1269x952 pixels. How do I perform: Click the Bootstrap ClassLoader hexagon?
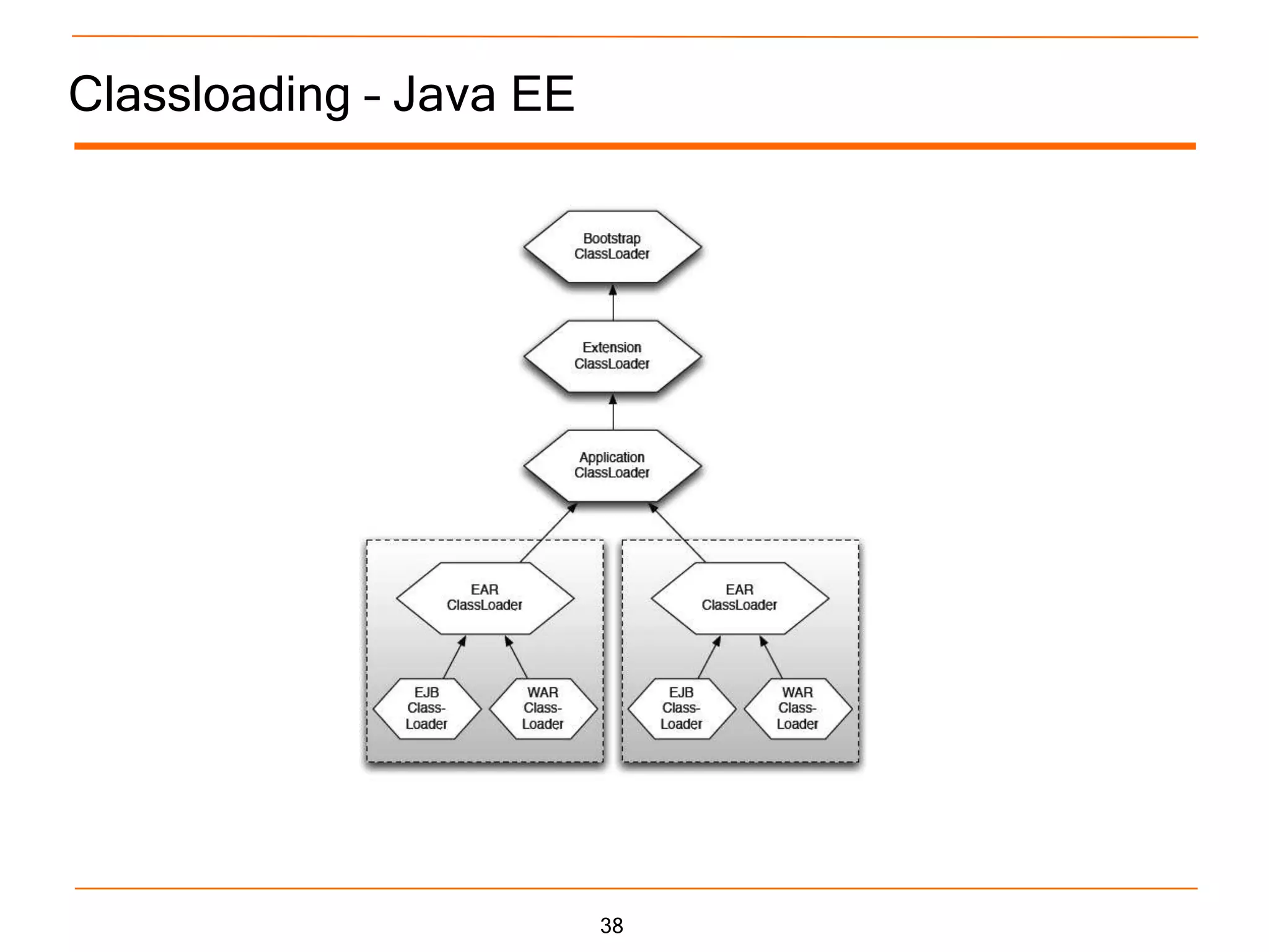pyautogui.click(x=612, y=247)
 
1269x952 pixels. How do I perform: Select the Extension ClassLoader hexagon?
pyautogui.click(x=612, y=356)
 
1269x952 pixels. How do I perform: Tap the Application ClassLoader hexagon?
pyautogui.click(x=612, y=465)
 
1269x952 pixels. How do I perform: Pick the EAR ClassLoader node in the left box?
pyautogui.click(x=485, y=597)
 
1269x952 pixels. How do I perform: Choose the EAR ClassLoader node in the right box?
pyautogui.click(x=739, y=597)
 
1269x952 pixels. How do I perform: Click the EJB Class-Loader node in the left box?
pyautogui.click(x=426, y=708)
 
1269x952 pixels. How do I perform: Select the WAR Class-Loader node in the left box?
pyautogui.click(x=543, y=708)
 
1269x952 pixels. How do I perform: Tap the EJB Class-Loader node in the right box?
pyautogui.click(x=681, y=708)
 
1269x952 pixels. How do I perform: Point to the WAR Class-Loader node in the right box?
pyautogui.click(x=797, y=708)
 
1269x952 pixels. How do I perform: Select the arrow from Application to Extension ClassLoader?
pyautogui.click(x=613, y=412)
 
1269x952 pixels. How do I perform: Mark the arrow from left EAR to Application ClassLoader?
pyautogui.click(x=548, y=533)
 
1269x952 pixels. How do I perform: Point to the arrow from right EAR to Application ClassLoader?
pyautogui.click(x=677, y=533)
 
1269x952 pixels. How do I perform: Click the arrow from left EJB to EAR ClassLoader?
pyautogui.click(x=454, y=657)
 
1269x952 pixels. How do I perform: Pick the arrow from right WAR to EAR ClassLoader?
pyautogui.click(x=771, y=657)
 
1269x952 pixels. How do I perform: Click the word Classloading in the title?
pyautogui.click(x=209, y=94)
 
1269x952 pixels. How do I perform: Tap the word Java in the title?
pyautogui.click(x=444, y=94)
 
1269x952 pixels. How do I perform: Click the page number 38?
pyautogui.click(x=612, y=925)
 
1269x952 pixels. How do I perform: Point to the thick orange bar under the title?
pyautogui.click(x=634, y=146)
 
